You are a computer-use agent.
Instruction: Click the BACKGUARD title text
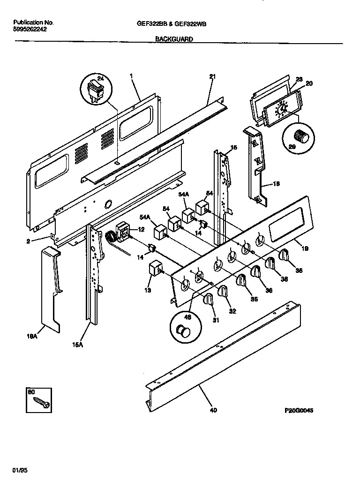pyautogui.click(x=173, y=40)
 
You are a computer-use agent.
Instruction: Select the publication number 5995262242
pyautogui.click(x=30, y=29)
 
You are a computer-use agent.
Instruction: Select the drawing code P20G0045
pyautogui.click(x=299, y=411)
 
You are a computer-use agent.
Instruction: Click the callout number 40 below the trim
pyautogui.click(x=213, y=411)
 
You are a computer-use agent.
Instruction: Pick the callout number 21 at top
pyautogui.click(x=212, y=76)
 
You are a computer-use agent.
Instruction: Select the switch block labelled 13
pyautogui.click(x=155, y=270)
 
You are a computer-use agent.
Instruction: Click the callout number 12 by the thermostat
pyautogui.click(x=141, y=229)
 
